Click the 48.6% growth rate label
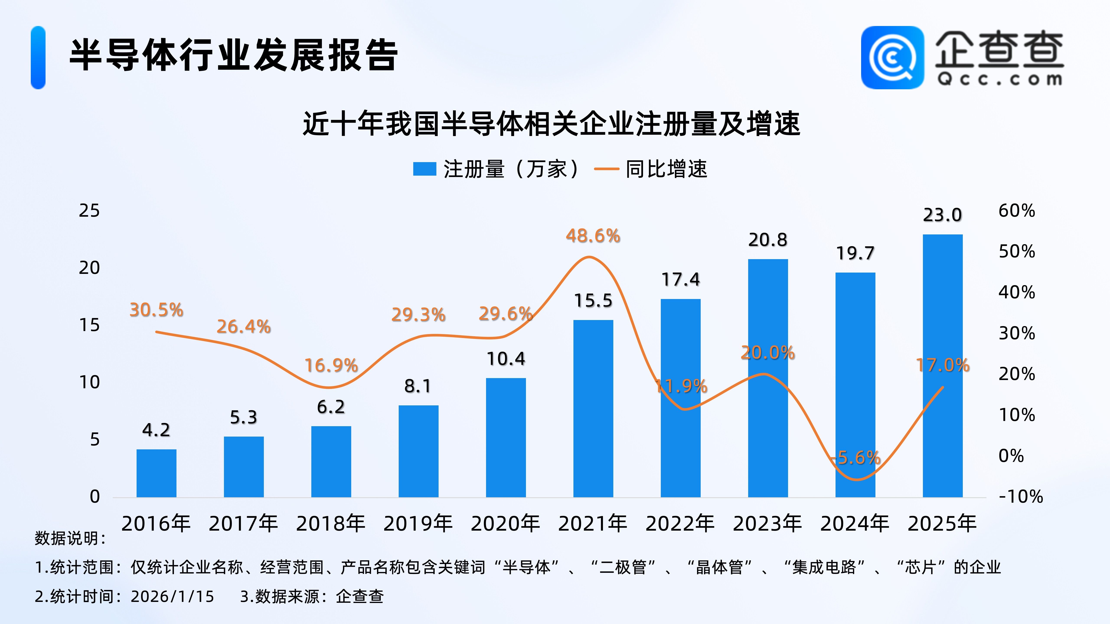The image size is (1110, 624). coord(593,236)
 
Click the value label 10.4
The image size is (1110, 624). coord(506,359)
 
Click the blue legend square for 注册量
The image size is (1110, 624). coord(424,169)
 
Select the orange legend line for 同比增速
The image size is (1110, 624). coord(606,169)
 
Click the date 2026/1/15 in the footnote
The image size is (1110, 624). coord(172,596)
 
